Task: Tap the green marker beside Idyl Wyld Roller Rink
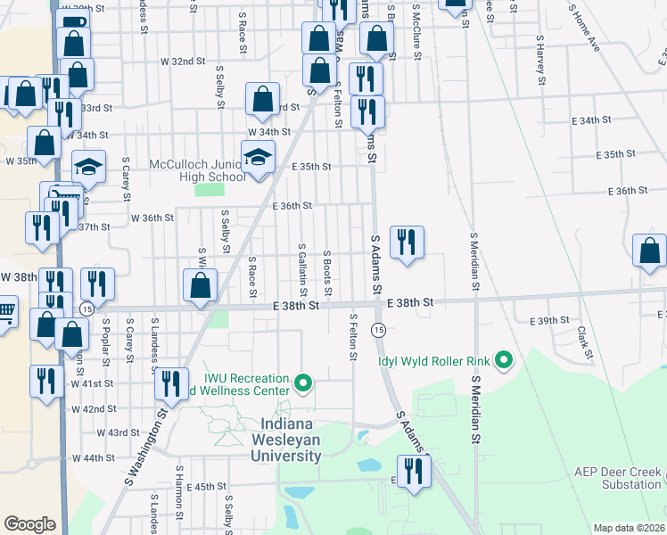[x=504, y=360]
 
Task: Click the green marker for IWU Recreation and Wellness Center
[x=303, y=384]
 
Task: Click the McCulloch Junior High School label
[x=197, y=170]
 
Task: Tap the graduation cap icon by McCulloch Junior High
[x=259, y=158]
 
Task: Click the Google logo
[x=29, y=524]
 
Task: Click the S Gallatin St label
[x=304, y=264]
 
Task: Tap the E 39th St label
[x=548, y=320]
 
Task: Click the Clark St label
[x=584, y=342]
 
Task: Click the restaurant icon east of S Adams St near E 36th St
[x=407, y=242]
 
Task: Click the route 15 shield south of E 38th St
[x=379, y=330]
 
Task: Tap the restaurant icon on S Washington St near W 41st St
[x=170, y=383]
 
